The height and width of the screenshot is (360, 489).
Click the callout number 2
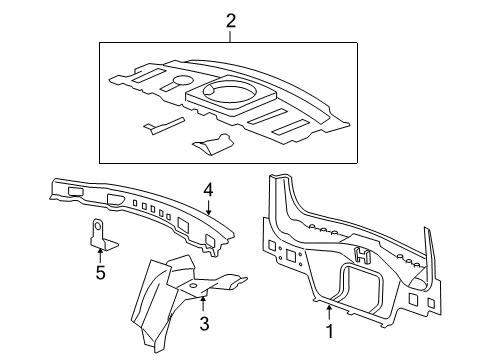tap(230, 20)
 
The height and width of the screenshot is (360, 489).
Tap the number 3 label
tap(204, 323)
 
